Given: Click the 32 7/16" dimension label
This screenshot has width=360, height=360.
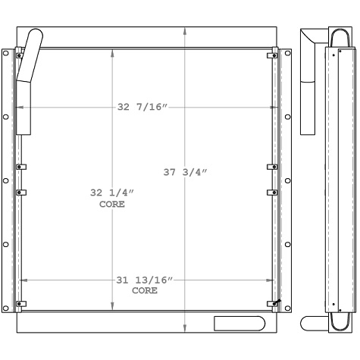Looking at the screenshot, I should tap(142, 107).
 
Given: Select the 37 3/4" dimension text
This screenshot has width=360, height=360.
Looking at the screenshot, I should tap(185, 172).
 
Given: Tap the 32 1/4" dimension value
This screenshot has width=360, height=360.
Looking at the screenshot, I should tap(112, 193).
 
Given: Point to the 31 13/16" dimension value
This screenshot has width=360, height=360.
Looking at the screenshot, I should tap(145, 280).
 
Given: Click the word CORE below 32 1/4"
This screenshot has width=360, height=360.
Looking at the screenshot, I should tap(112, 205).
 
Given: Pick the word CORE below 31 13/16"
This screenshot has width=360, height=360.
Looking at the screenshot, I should tap(145, 291).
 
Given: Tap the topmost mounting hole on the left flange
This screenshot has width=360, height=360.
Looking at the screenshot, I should tap(6, 54).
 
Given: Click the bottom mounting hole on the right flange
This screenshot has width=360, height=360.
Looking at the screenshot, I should tap(286, 308).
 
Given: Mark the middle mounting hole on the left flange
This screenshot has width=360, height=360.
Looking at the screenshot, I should tap(6, 180).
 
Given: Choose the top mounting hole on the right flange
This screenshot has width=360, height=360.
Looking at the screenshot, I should tap(286, 54).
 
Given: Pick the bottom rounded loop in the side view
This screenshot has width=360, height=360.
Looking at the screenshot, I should tap(338, 323).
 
